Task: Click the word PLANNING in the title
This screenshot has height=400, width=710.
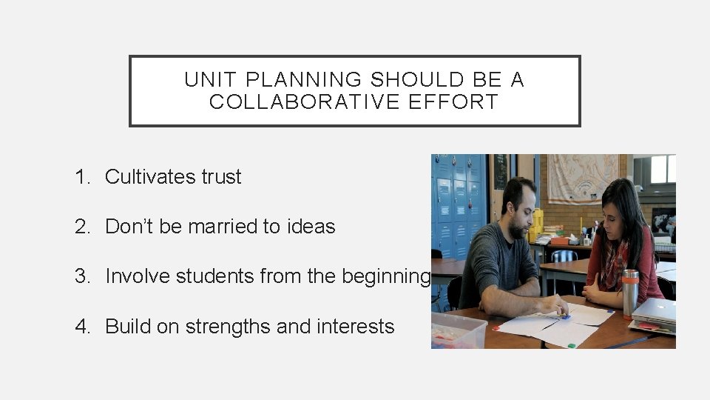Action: pos(305,80)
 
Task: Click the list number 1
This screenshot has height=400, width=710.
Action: pos(81,177)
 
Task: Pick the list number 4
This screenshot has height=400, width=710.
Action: pos(81,327)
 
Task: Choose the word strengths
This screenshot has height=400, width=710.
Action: pos(220,327)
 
